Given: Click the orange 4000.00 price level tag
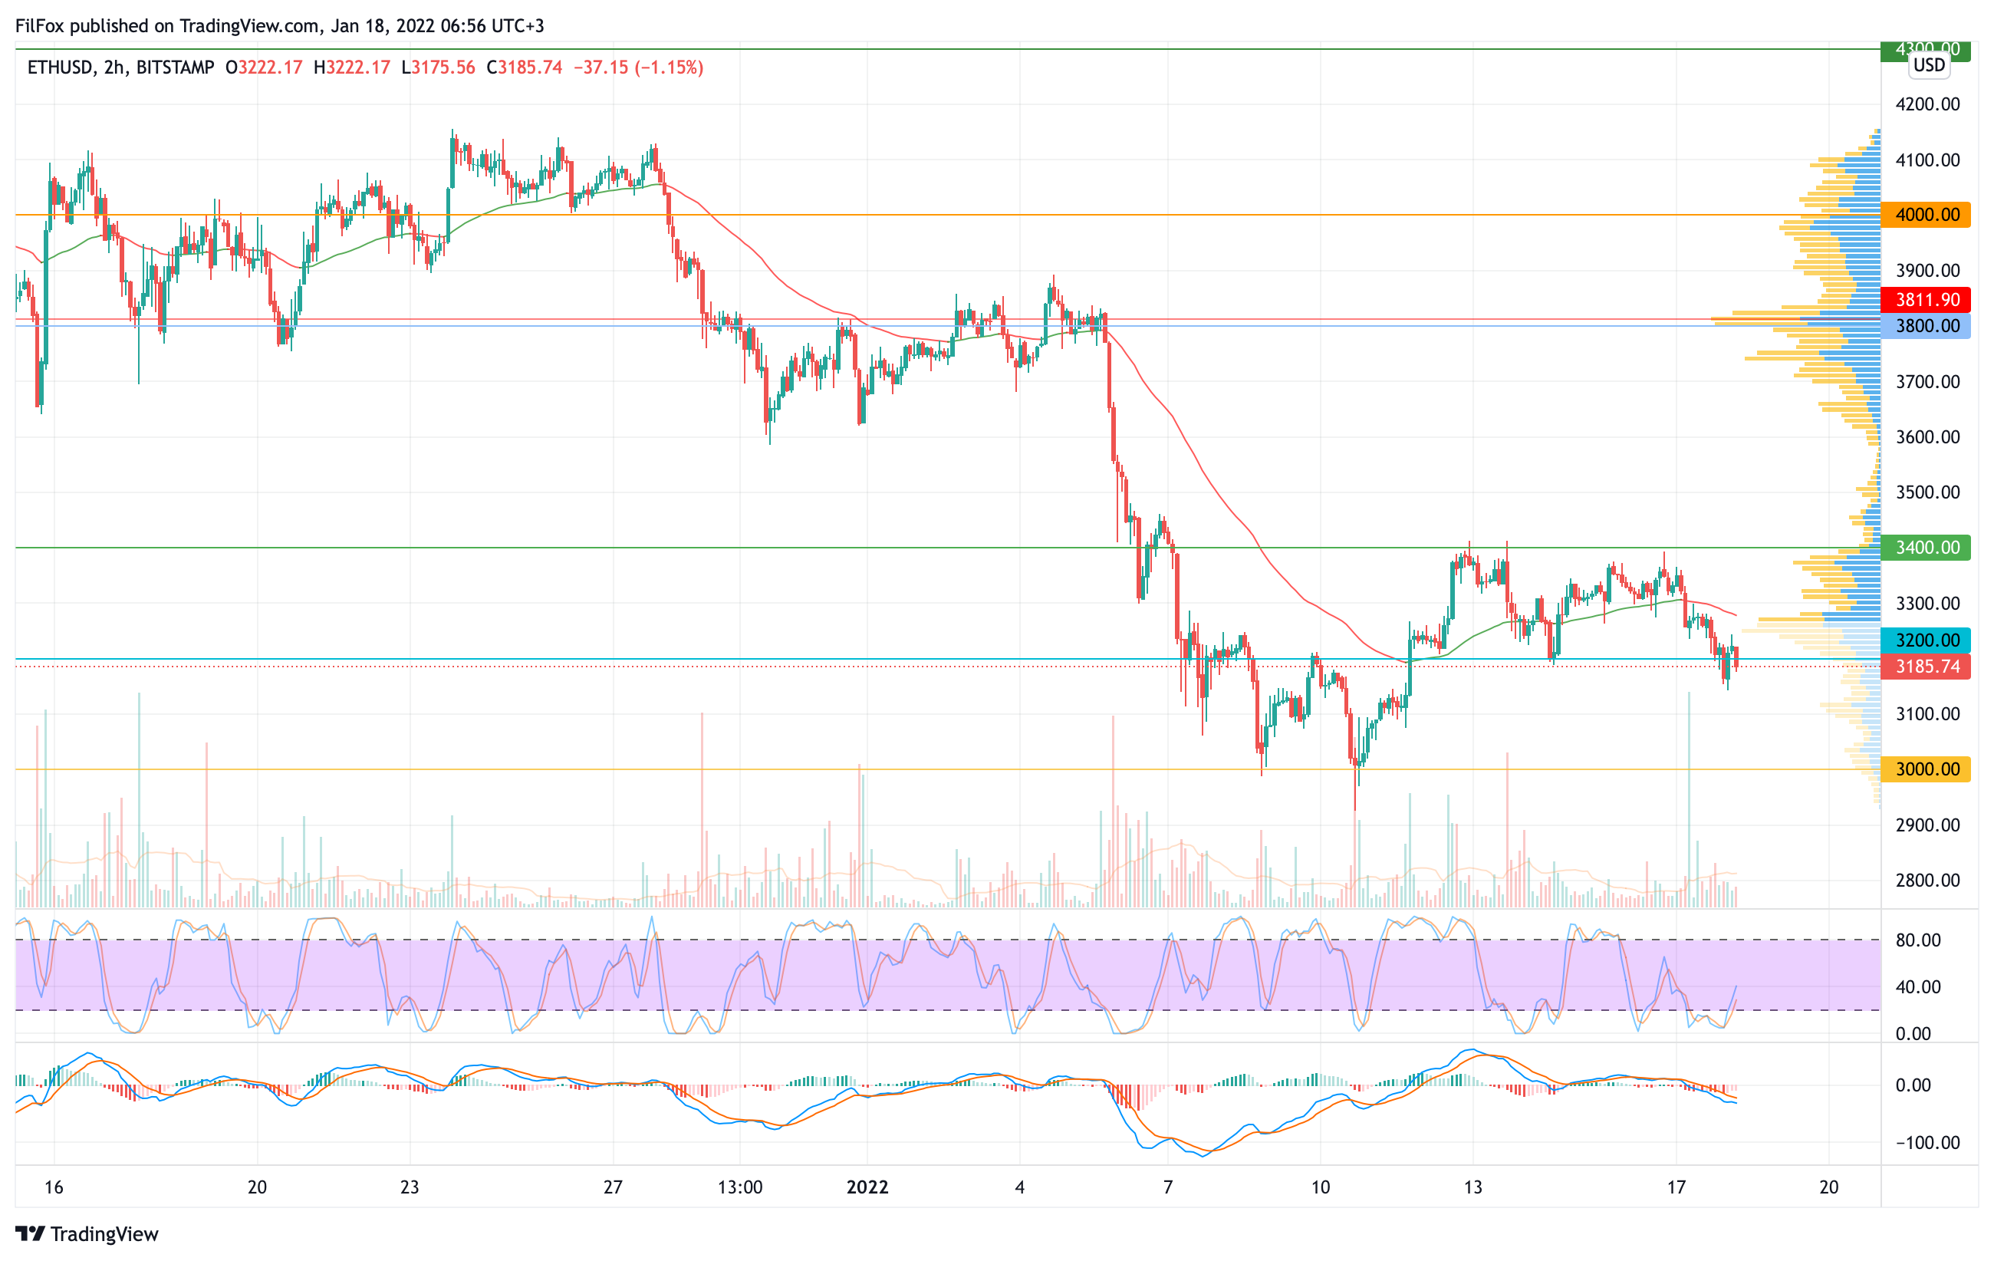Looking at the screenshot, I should (1926, 215).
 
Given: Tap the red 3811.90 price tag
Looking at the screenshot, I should (1926, 300).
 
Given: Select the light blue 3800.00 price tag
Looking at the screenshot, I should (1926, 325).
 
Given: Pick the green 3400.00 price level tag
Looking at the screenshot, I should (1926, 548).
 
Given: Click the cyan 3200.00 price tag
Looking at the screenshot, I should (1926, 640).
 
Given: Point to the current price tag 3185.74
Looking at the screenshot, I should (1926, 667).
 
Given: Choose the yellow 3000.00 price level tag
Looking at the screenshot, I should (1926, 769).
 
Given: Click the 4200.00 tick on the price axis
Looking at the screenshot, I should (1928, 104).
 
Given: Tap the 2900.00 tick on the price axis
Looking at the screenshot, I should (1928, 825).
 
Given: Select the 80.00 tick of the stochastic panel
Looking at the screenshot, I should (1918, 940).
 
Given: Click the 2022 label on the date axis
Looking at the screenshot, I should (867, 1187).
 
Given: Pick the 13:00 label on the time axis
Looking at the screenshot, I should (739, 1187).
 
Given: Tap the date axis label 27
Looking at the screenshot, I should (613, 1187).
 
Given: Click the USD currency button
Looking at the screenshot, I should (1930, 65).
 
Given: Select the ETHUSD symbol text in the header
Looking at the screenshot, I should (60, 67).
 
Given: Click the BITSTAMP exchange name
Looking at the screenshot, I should (175, 67).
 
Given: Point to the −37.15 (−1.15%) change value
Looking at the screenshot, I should (638, 67).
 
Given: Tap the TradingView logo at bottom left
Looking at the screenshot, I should (87, 1233).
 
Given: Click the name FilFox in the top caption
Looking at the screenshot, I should (40, 25).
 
